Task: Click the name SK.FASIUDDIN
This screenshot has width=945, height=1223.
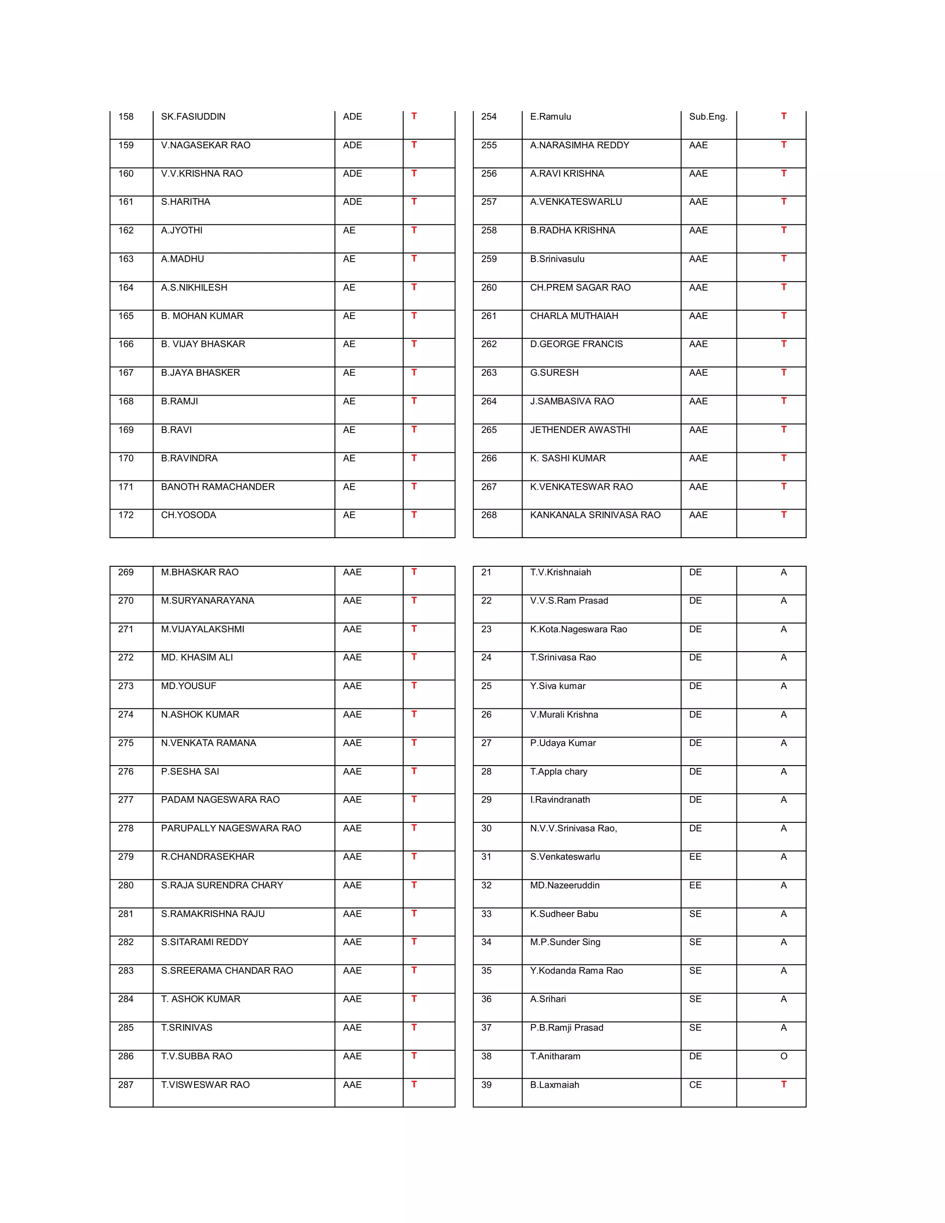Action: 193,116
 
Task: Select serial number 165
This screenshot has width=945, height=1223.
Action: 126,316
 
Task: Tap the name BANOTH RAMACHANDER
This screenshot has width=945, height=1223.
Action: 218,486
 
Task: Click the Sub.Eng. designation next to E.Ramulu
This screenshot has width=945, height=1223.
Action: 708,116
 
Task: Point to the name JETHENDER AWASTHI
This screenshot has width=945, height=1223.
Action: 580,430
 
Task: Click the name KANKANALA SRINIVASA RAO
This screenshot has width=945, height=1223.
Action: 595,515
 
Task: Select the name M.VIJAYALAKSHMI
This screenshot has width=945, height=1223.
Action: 203,629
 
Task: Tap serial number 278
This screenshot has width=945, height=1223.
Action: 126,827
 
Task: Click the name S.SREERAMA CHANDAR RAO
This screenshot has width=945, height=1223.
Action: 227,971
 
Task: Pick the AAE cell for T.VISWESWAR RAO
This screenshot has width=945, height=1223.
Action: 352,1085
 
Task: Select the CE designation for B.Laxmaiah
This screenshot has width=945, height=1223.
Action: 695,1085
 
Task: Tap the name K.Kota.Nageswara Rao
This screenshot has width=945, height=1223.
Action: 578,629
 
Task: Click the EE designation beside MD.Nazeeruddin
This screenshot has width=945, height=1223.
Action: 695,885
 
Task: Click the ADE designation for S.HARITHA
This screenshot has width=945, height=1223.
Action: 352,202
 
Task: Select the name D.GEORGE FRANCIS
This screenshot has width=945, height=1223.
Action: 576,344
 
